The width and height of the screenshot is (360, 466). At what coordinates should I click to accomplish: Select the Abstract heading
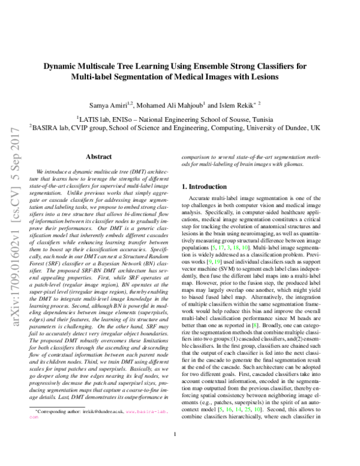pos(99,156)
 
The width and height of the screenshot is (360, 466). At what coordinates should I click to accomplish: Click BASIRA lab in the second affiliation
pos(48,127)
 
